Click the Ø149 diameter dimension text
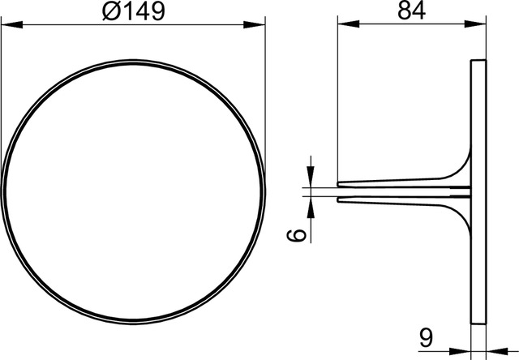[x=133, y=11]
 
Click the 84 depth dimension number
[x=411, y=11]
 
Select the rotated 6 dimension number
[x=296, y=236]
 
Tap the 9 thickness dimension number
[x=426, y=338]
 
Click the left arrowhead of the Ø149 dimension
[x=12, y=24]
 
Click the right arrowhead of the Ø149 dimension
[x=254, y=24]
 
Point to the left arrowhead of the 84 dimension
[x=348, y=24]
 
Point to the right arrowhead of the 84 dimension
[x=475, y=24]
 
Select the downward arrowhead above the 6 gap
[x=311, y=177]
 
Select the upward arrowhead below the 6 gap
[x=311, y=207]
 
